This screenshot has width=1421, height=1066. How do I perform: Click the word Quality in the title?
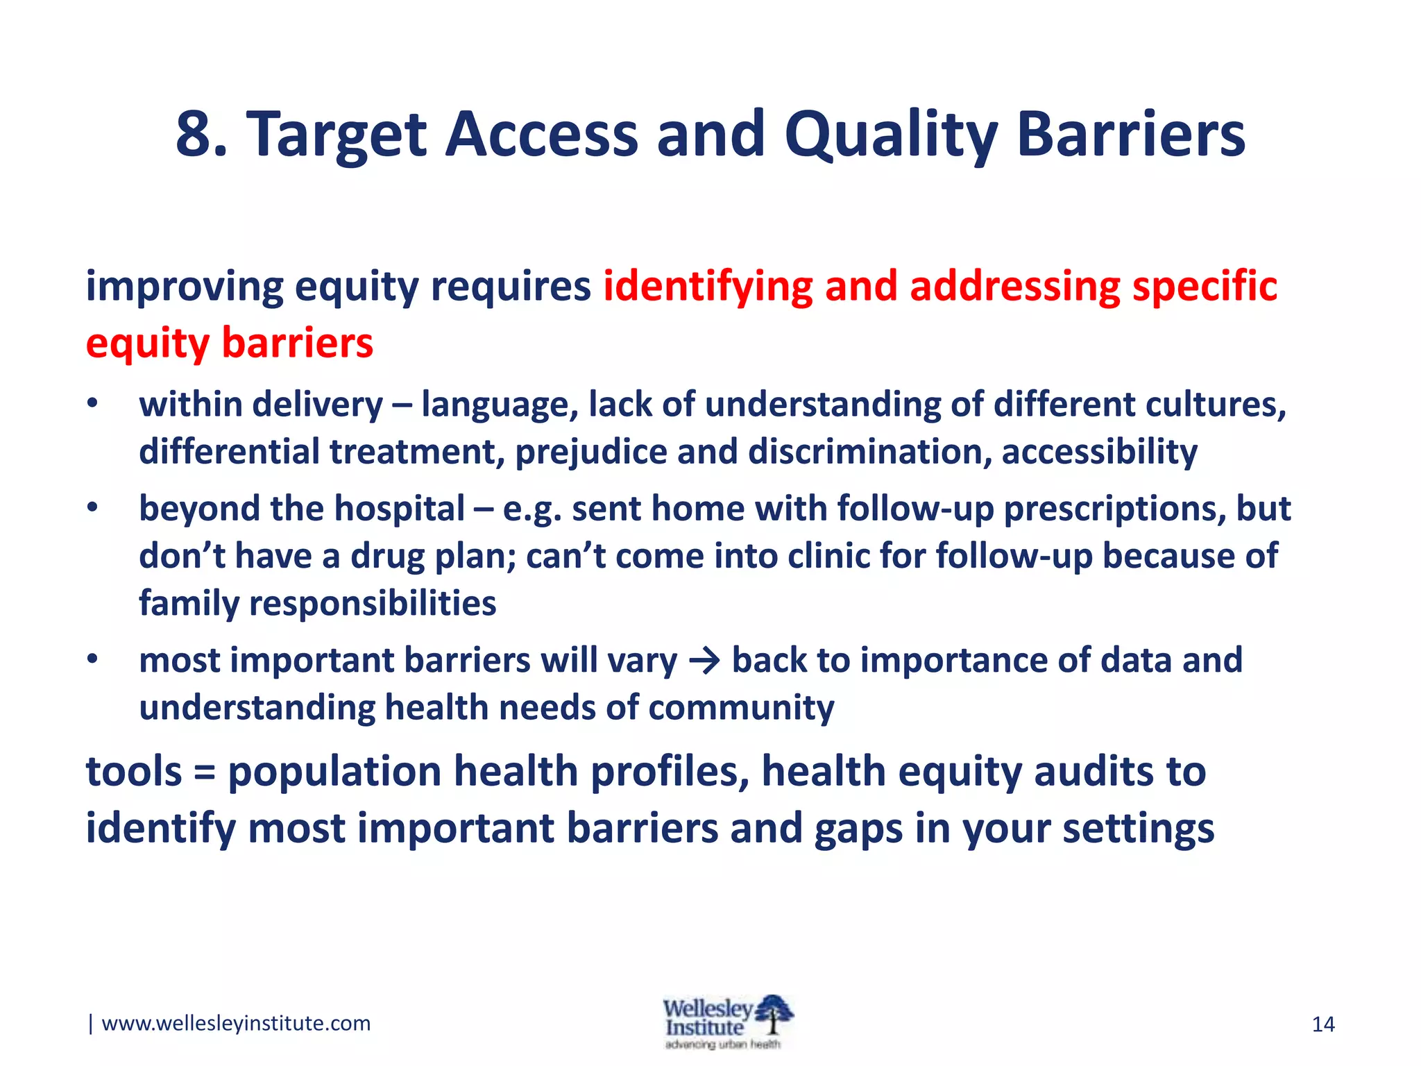(x=891, y=135)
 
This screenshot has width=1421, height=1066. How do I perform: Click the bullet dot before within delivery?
(x=93, y=405)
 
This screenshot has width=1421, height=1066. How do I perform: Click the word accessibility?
(x=1099, y=452)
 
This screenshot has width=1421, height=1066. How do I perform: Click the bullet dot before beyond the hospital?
(x=93, y=509)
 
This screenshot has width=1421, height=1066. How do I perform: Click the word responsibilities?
(x=373, y=602)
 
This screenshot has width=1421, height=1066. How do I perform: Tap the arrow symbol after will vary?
(x=705, y=661)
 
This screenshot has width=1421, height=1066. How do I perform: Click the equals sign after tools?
(x=204, y=772)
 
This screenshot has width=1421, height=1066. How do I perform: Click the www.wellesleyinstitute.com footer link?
(x=236, y=1023)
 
